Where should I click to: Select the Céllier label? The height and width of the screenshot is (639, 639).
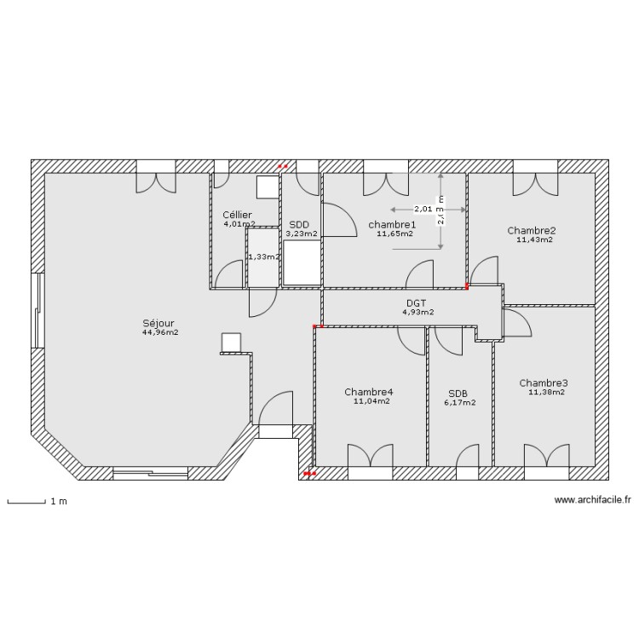pyautogui.click(x=238, y=215)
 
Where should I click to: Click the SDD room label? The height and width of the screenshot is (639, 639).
pyautogui.click(x=299, y=224)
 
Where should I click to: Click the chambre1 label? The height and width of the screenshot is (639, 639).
pyautogui.click(x=392, y=224)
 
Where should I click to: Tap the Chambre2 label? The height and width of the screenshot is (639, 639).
pyautogui.click(x=532, y=230)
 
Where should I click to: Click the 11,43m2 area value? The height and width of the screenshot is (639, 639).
pyautogui.click(x=534, y=239)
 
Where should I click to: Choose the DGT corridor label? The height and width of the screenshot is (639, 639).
pyautogui.click(x=417, y=302)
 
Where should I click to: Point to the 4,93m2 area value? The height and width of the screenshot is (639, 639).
pyautogui.click(x=417, y=312)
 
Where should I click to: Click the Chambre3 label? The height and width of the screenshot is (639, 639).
pyautogui.click(x=544, y=383)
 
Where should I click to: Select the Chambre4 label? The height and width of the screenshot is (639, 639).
pyautogui.click(x=369, y=392)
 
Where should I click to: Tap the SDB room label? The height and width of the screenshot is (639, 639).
pyautogui.click(x=458, y=394)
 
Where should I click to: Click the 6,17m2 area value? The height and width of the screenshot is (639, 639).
pyautogui.click(x=460, y=403)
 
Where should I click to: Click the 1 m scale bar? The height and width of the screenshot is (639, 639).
pyautogui.click(x=26, y=503)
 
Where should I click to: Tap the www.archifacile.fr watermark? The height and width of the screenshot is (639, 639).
pyautogui.click(x=593, y=501)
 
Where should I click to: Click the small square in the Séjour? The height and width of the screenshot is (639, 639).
pyautogui.click(x=231, y=342)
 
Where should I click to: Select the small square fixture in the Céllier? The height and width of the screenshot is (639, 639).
pyautogui.click(x=268, y=187)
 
